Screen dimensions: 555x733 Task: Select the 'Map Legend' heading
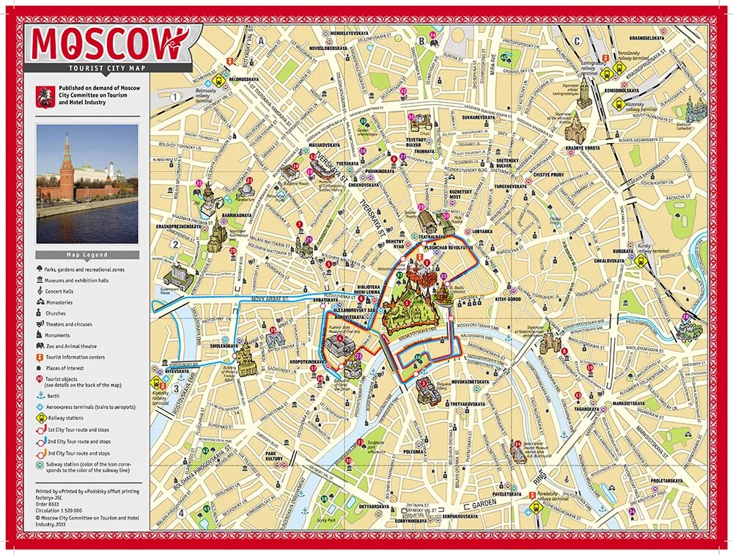(87, 255)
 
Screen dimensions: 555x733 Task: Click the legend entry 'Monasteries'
(59, 302)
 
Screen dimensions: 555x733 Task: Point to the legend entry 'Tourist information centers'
(74, 357)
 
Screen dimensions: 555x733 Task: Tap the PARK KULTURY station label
(276, 457)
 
